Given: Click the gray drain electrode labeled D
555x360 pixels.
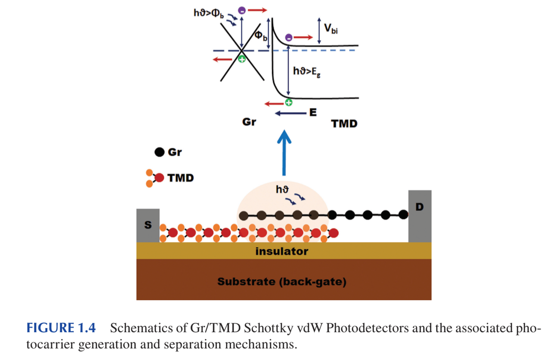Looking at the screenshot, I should [x=419, y=216].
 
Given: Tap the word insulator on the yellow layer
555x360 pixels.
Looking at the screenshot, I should [x=282, y=251].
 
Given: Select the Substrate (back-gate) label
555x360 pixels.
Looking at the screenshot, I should [x=282, y=282].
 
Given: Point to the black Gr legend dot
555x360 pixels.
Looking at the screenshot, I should [x=159, y=152].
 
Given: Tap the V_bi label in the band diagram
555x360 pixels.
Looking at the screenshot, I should [x=331, y=29].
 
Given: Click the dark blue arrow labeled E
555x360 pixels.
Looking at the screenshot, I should [x=290, y=113].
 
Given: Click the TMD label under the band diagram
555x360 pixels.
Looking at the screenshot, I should [x=344, y=124].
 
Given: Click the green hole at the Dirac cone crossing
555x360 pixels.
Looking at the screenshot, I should [x=242, y=59].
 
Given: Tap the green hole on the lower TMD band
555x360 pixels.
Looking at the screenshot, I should [x=288, y=103].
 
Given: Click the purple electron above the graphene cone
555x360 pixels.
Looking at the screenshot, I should [x=241, y=10].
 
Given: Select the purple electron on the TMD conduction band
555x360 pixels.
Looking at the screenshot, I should [x=289, y=37].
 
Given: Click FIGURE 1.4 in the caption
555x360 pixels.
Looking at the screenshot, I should [x=61, y=328].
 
